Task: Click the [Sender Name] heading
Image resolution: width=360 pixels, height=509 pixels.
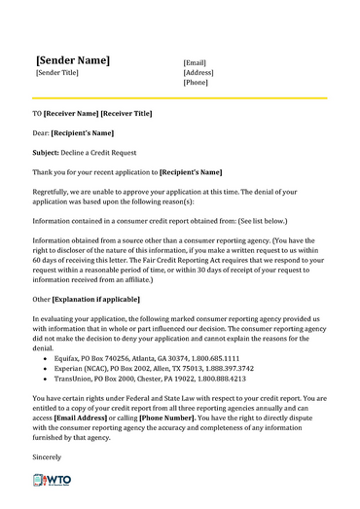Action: pos(72,59)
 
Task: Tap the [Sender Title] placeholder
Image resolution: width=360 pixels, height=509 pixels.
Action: pos(56,74)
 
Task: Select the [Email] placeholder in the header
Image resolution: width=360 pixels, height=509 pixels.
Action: pos(197,61)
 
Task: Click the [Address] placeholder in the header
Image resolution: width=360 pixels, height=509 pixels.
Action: pos(199,72)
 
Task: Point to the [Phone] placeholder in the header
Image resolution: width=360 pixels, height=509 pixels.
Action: pos(197,83)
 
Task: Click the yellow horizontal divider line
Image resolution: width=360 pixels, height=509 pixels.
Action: pos(180,97)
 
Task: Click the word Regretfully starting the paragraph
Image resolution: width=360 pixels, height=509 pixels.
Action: pos(54,192)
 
